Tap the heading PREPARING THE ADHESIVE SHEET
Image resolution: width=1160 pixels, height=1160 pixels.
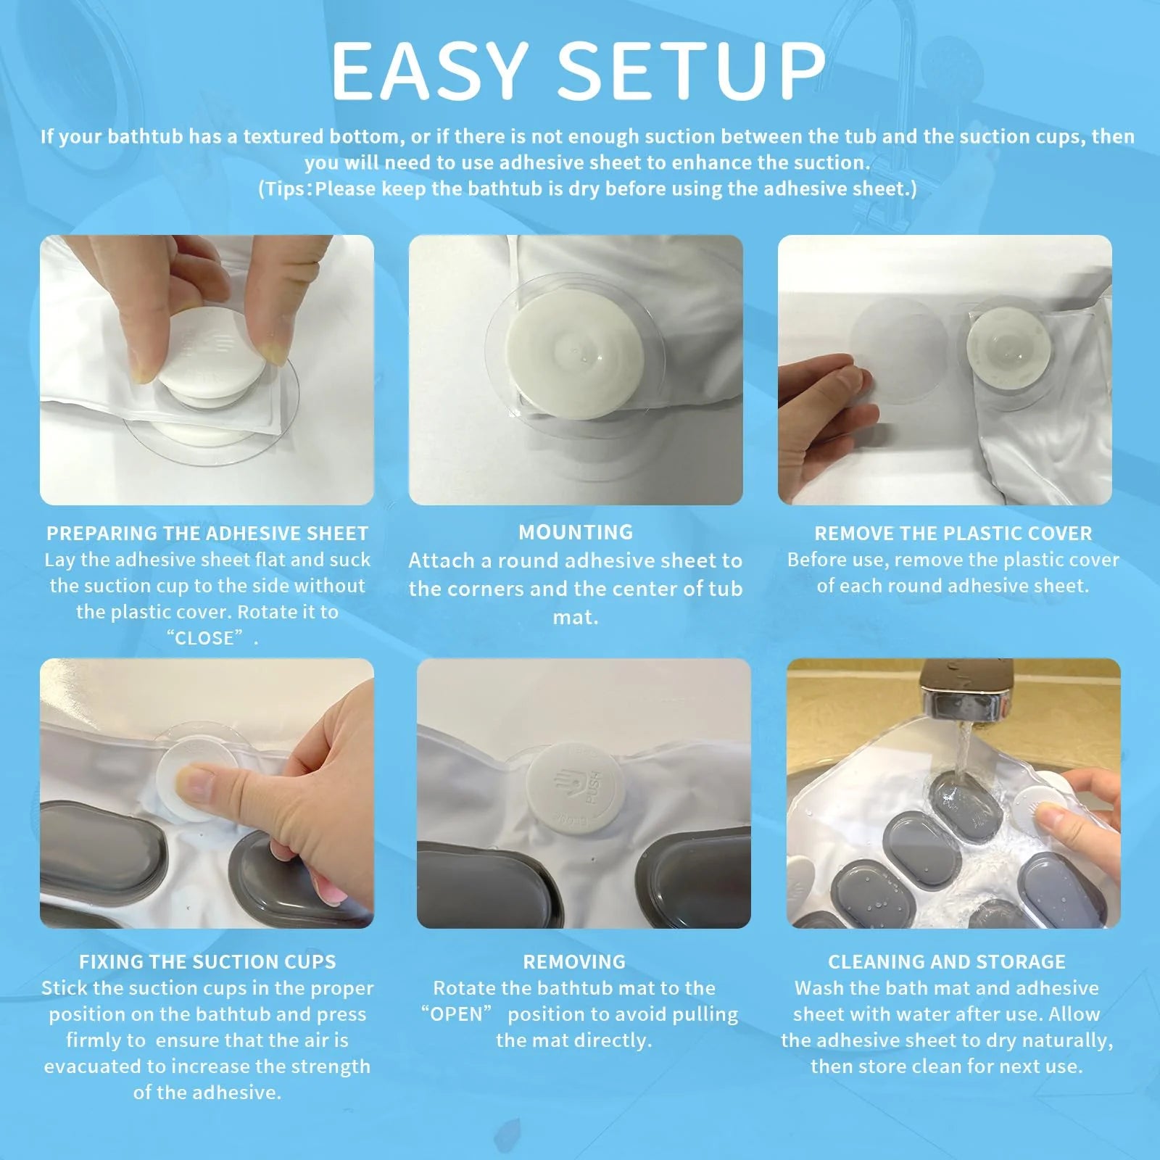tap(207, 534)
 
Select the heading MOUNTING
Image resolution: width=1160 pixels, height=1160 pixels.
tap(576, 532)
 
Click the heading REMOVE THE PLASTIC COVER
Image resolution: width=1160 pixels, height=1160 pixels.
tap(953, 534)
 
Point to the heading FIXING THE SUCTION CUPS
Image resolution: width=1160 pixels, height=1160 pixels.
tap(207, 962)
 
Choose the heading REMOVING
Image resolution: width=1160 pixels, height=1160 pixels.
tap(574, 962)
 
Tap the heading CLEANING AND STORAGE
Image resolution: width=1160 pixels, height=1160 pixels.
tap(947, 962)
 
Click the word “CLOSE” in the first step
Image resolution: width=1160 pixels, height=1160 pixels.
tap(205, 638)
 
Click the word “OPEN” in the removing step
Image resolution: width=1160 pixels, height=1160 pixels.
tap(457, 1014)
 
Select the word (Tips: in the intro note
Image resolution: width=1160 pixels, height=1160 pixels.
tap(286, 189)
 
